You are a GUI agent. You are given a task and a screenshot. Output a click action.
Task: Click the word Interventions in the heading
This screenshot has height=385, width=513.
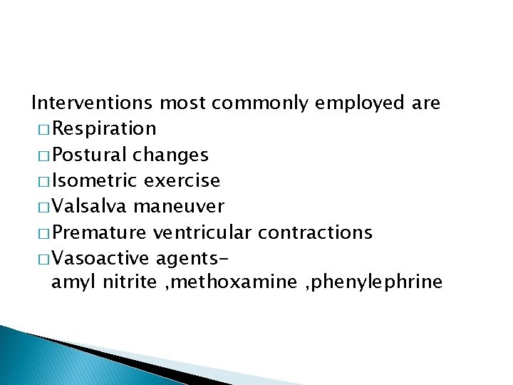92,103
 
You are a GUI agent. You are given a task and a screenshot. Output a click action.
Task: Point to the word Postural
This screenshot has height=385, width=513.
89,155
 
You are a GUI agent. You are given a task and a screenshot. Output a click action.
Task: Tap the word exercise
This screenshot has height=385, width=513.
182,180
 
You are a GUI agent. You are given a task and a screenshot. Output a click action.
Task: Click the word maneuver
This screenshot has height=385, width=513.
179,207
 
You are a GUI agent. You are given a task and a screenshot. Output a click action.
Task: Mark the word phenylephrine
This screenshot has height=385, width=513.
383,283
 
